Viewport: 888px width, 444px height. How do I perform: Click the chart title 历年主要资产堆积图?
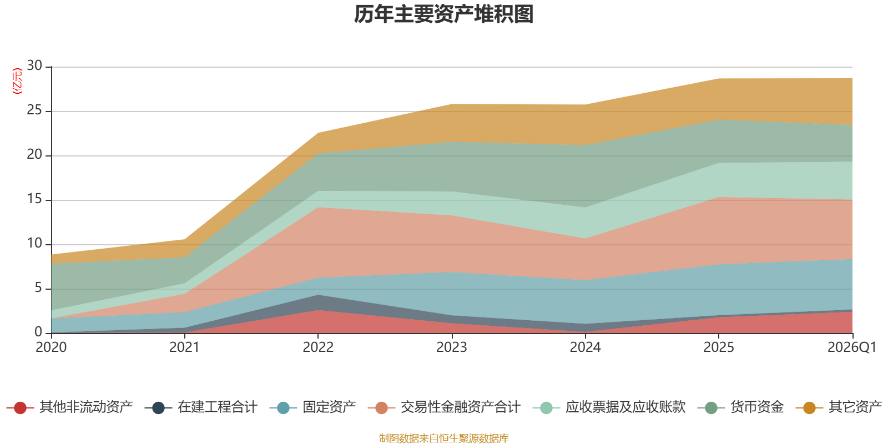pyautogui.click(x=444, y=15)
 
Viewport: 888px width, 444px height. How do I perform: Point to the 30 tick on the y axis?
pyautogui.click(x=34, y=66)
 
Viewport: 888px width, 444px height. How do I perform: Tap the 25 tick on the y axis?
pyautogui.click(x=34, y=110)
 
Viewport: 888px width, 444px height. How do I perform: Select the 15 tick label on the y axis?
pyautogui.click(x=34, y=199)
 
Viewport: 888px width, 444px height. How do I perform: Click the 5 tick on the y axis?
pyautogui.click(x=38, y=287)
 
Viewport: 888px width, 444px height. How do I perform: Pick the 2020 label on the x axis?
pyautogui.click(x=51, y=347)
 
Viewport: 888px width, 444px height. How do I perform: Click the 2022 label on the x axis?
pyautogui.click(x=318, y=347)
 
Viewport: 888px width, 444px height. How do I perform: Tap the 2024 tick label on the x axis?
pyautogui.click(x=585, y=347)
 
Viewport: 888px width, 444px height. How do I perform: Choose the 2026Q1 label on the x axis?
pyautogui.click(x=851, y=347)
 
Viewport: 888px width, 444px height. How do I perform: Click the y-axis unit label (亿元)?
pyautogui.click(x=17, y=81)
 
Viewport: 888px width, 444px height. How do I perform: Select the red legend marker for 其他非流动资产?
pyautogui.click(x=21, y=408)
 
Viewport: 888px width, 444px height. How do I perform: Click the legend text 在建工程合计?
pyautogui.click(x=218, y=407)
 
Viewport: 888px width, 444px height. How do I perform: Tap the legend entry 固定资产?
pyautogui.click(x=329, y=407)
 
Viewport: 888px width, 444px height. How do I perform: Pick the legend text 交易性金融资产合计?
pyautogui.click(x=460, y=407)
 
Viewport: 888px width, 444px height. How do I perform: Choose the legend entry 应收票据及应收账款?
pyautogui.click(x=625, y=407)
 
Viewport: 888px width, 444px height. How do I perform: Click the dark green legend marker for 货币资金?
pyautogui.click(x=711, y=408)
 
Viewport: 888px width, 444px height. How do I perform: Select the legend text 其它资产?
pyautogui.click(x=855, y=407)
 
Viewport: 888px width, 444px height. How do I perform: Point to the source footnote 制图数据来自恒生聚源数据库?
pyautogui.click(x=444, y=438)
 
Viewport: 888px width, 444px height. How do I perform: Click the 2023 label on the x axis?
pyautogui.click(x=451, y=347)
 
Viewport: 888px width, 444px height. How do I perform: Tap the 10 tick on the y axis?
pyautogui.click(x=34, y=244)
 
